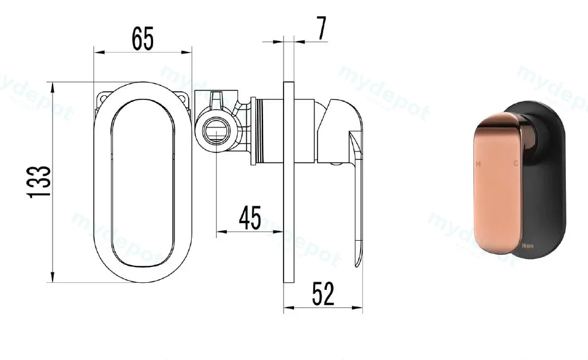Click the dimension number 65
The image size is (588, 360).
coord(143,39)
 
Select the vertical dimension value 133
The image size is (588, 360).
coord(39,181)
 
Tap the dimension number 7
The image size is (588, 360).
coord(321,29)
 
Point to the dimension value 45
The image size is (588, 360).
coord(250,218)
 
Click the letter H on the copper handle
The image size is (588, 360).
coord(478,164)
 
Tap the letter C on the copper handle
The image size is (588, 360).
coord(516,163)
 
